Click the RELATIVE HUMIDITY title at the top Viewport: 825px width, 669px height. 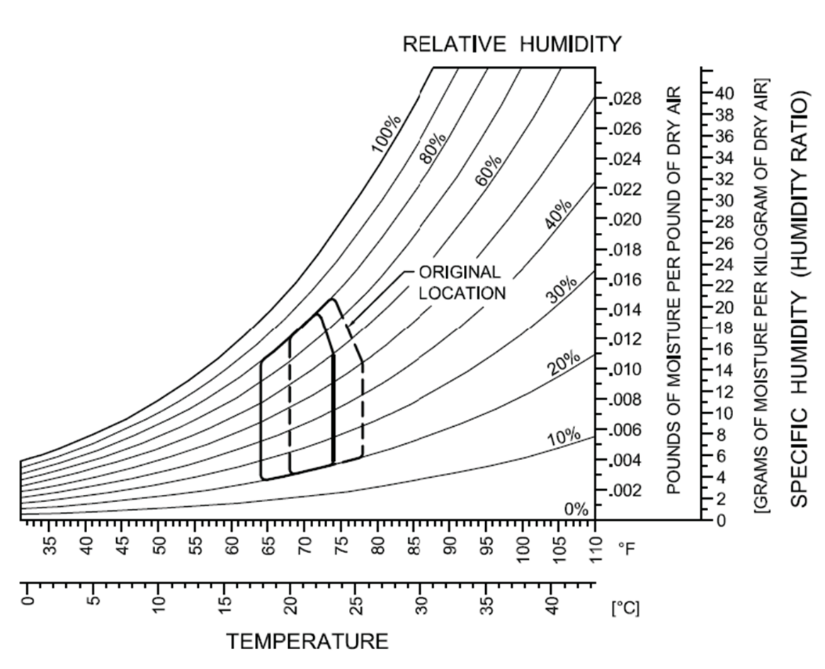[511, 45]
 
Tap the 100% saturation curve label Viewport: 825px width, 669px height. [387, 132]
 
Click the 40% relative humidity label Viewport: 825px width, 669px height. [559, 215]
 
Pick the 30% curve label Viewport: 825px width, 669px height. [562, 287]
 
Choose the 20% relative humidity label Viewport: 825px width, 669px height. [564, 362]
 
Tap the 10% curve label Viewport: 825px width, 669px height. [564, 439]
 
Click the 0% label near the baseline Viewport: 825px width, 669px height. [576, 509]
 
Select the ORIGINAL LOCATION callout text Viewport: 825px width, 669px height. [462, 282]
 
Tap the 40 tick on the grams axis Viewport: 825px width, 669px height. [724, 93]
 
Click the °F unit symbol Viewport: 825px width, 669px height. [627, 547]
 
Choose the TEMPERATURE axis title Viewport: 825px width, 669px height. [307, 641]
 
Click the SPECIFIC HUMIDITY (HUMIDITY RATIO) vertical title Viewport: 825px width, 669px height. [799, 297]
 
